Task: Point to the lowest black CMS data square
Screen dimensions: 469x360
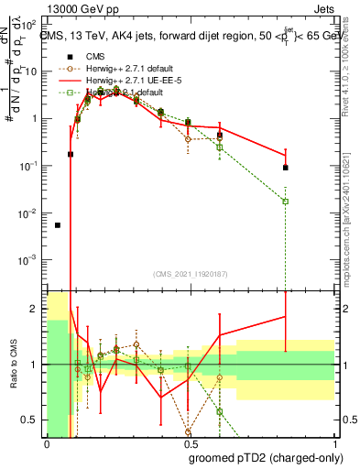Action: click(58, 224)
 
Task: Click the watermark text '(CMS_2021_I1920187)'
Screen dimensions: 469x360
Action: click(190, 274)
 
